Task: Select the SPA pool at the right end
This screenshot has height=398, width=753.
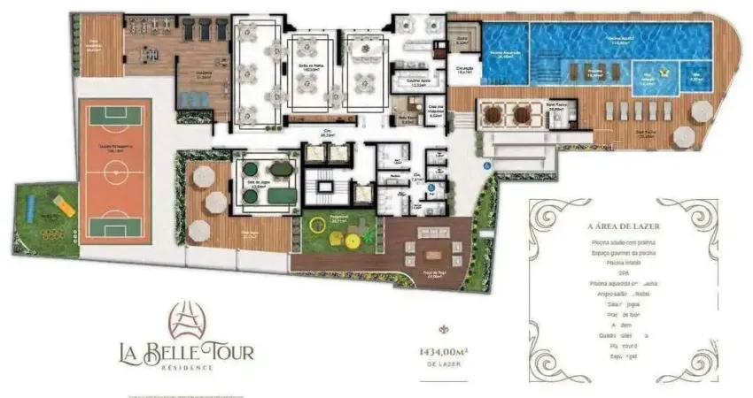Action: coord(696,77)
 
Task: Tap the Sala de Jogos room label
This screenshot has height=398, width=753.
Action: coord(258,187)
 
